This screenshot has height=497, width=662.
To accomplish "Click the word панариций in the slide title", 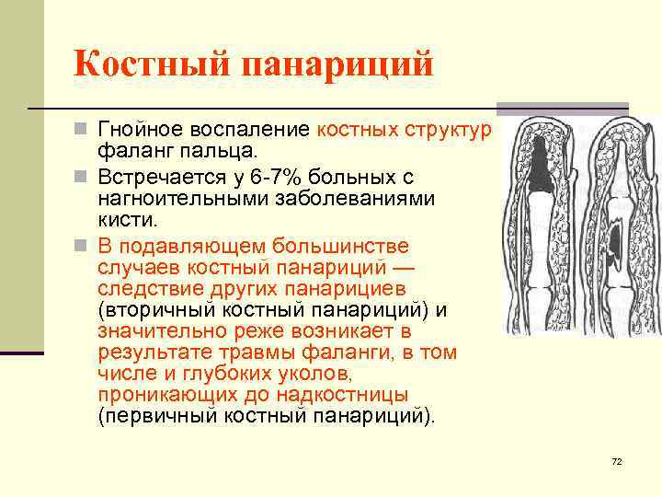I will click(337, 65).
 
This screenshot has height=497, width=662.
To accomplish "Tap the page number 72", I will click(616, 461).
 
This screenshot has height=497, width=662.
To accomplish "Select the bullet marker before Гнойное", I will click(82, 130).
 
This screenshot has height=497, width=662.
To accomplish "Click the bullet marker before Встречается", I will click(82, 176).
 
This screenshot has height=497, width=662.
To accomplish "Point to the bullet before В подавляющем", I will click(82, 247).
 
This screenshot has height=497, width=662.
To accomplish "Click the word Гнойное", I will click(143, 129).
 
